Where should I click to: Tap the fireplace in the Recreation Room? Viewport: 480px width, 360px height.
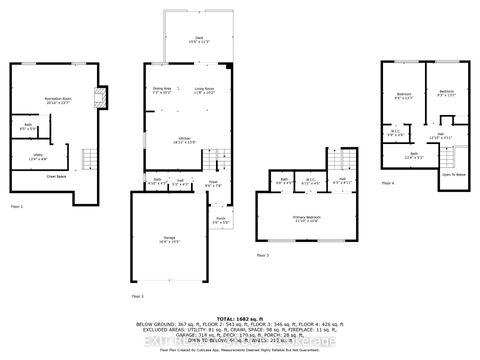(98, 98)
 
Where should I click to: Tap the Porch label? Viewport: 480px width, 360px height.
(220, 219)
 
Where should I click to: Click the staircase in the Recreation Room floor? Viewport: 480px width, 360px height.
(91, 159)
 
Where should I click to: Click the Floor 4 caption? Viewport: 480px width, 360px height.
(386, 183)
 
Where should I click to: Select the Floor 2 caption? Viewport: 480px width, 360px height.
(137, 297)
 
